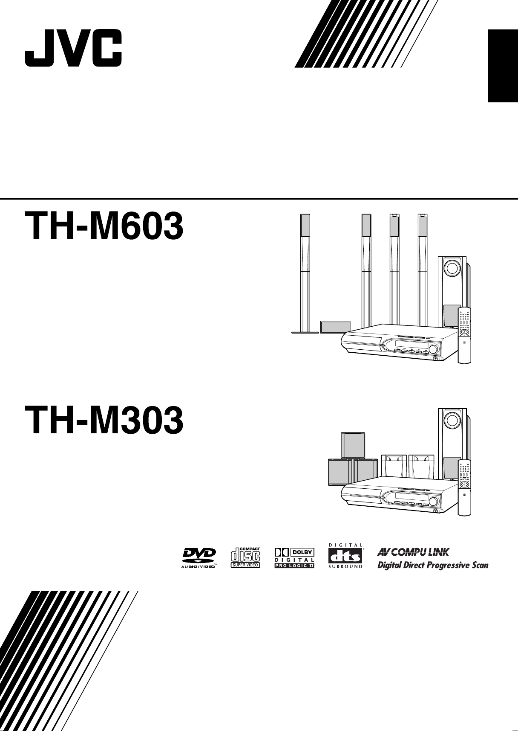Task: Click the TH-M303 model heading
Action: tap(104, 421)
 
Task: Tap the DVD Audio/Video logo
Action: tap(199, 557)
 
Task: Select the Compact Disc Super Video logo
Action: tap(245, 557)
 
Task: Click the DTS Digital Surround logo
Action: tap(345, 556)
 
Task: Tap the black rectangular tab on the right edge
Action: tap(503, 66)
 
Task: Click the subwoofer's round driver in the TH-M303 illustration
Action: tap(452, 421)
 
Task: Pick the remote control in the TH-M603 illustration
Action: tap(465, 335)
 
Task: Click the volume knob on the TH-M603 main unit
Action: tap(434, 349)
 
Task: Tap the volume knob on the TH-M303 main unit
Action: tap(434, 501)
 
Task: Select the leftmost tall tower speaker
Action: tap(305, 273)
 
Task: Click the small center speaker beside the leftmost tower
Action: tap(336, 327)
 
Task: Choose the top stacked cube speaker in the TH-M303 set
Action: tap(353, 446)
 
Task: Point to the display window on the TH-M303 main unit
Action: tap(409, 497)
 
